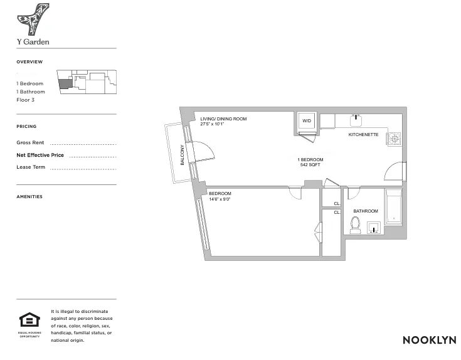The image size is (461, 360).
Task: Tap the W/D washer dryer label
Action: (x=307, y=120)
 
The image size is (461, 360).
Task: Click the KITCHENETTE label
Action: (x=363, y=134)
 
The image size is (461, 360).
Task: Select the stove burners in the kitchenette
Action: (x=395, y=138)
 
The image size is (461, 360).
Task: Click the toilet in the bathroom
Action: (x=355, y=225)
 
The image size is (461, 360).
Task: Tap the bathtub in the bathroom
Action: (x=393, y=206)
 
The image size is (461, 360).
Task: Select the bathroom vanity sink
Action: (x=373, y=228)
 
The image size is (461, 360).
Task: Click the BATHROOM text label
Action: (x=365, y=211)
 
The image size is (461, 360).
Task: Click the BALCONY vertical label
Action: (x=183, y=155)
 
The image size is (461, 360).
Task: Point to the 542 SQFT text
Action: (x=310, y=165)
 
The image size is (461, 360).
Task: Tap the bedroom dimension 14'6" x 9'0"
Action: (x=220, y=199)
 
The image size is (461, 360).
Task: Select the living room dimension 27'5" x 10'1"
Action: (x=213, y=124)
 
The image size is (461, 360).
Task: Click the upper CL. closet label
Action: (x=337, y=204)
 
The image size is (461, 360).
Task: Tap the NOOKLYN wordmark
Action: (x=429, y=340)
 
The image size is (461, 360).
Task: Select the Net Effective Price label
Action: (x=40, y=155)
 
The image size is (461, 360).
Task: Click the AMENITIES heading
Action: (x=29, y=197)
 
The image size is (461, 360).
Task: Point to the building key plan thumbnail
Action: (x=86, y=82)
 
